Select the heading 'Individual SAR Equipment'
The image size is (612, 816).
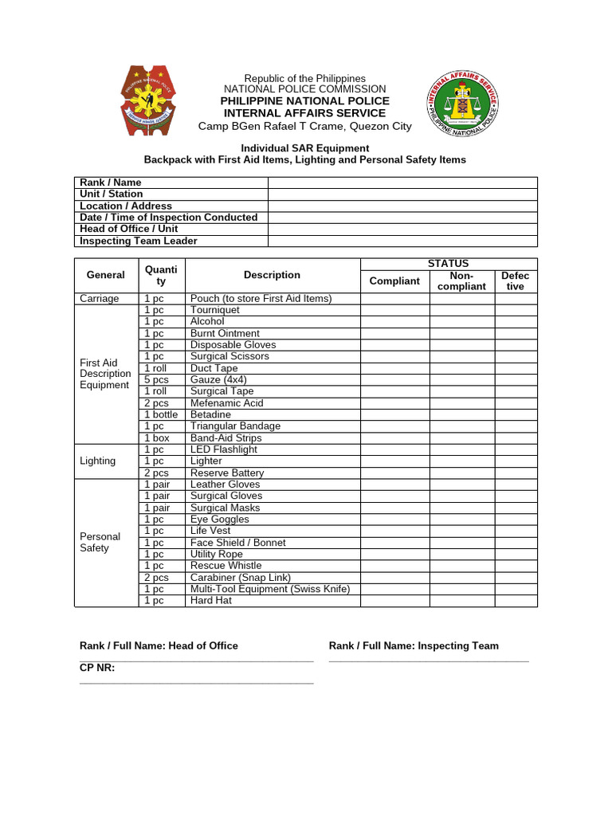click(305, 148)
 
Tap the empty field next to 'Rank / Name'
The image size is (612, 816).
click(402, 182)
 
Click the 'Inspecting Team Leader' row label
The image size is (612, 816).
click(139, 241)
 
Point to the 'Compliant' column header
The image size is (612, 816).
click(394, 280)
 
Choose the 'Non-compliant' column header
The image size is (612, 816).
click(461, 280)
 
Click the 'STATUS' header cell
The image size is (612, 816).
click(449, 264)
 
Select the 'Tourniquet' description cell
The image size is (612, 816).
click(214, 310)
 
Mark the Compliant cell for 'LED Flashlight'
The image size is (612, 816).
click(394, 449)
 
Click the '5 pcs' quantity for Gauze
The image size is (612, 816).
click(156, 380)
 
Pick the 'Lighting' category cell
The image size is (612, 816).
click(98, 461)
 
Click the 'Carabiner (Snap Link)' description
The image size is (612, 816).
click(241, 578)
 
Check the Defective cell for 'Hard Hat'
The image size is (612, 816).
click(516, 601)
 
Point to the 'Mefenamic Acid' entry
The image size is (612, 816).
click(226, 403)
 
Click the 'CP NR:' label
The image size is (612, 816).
click(97, 669)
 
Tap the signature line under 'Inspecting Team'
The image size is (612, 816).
click(429, 661)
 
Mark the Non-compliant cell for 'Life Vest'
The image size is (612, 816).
click(461, 531)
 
